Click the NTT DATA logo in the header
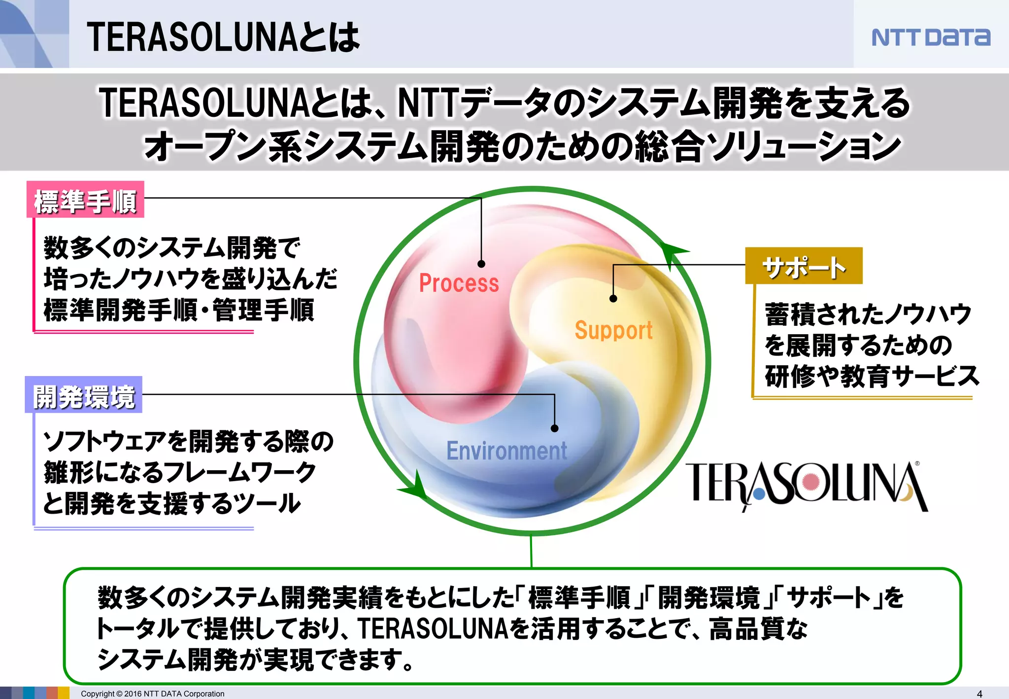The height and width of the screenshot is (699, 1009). [930, 37]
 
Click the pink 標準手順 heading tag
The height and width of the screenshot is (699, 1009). [85, 200]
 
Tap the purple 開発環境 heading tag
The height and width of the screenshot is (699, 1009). [84, 395]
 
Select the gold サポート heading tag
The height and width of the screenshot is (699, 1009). [804, 266]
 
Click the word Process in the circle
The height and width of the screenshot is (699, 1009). [459, 283]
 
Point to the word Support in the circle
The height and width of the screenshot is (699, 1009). [613, 330]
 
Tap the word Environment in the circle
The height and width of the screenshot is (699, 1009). [506, 451]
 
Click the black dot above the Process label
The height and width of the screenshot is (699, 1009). [481, 264]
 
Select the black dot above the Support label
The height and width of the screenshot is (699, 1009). [613, 299]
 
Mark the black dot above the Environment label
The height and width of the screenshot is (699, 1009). [555, 428]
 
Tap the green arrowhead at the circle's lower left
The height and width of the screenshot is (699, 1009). [415, 486]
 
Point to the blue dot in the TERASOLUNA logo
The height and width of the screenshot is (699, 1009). [759, 491]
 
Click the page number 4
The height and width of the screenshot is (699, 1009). [979, 694]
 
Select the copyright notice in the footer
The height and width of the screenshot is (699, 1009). [153, 694]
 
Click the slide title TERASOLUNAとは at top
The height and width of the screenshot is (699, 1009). [223, 37]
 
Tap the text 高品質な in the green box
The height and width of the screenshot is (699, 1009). [759, 629]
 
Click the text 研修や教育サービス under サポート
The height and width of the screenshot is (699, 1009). [872, 376]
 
